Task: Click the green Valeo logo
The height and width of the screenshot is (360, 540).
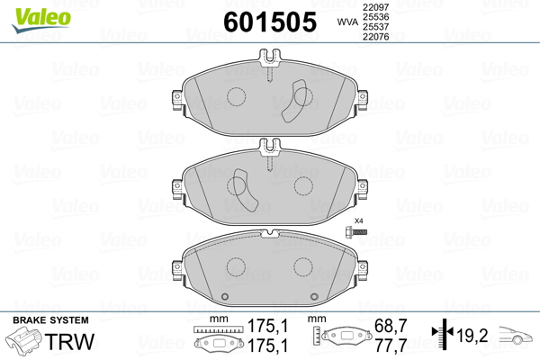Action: [41, 20]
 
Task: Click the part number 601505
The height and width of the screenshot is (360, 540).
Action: [270, 22]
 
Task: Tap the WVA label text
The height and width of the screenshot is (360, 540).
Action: [347, 22]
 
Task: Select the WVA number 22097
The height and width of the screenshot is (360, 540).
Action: [375, 7]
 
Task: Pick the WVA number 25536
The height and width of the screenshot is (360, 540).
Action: [375, 17]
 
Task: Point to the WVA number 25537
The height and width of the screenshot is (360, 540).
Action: [375, 26]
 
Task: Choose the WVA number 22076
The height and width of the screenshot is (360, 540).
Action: [375, 36]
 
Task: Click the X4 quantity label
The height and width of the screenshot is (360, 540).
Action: [359, 220]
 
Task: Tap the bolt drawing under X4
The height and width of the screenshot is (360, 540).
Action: [355, 231]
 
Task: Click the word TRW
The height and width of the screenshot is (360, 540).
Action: [70, 341]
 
